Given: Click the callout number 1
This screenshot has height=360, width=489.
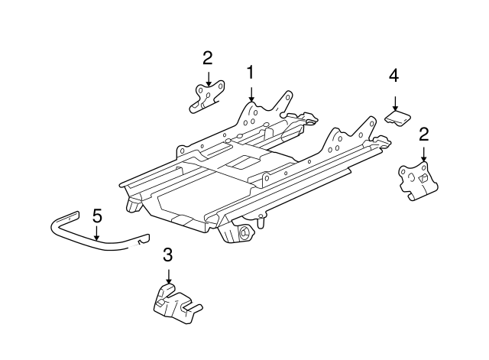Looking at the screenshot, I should click(x=250, y=73).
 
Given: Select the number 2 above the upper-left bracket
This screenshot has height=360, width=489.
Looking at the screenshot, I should click(x=207, y=57).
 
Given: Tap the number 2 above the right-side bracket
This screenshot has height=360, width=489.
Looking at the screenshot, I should click(x=423, y=135).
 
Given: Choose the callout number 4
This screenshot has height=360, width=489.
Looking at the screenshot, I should click(x=393, y=76).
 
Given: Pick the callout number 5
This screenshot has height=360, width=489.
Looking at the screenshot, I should click(x=97, y=216).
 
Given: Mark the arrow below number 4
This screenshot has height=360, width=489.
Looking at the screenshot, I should click(x=394, y=102).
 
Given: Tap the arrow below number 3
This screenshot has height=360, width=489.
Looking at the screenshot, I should click(x=168, y=278).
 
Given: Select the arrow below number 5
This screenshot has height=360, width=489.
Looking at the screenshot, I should click(x=97, y=233).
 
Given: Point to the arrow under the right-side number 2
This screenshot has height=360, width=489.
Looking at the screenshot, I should click(x=423, y=155).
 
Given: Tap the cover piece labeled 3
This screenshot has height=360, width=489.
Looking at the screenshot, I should click(x=172, y=302).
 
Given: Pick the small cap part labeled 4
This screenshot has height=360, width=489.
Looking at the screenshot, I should click(x=397, y=116).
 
